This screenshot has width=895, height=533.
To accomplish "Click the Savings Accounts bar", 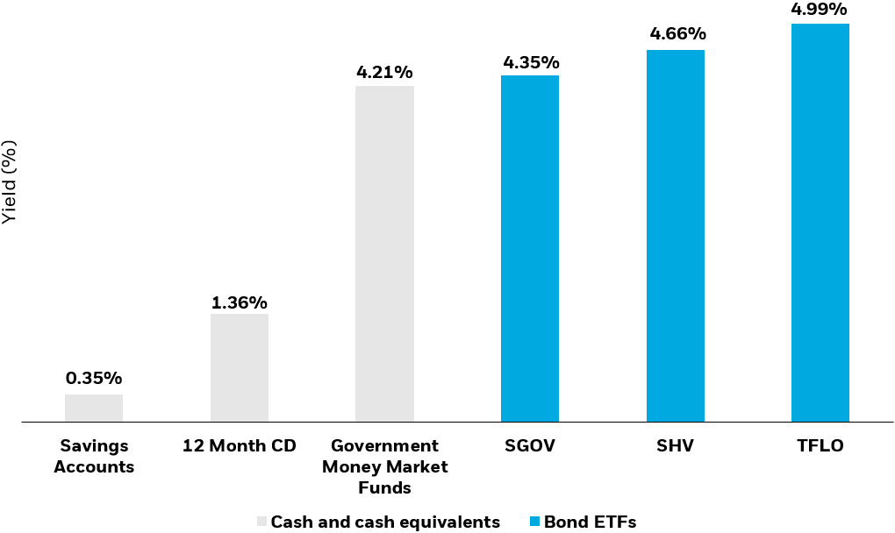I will point(94,408).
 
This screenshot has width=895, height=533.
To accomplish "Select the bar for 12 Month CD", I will point(240,368).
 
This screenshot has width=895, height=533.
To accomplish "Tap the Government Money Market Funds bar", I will point(384,254).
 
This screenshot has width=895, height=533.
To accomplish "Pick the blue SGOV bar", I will point(530,249).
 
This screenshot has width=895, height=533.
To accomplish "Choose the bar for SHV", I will point(676,236).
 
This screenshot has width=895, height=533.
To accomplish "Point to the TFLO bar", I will point(820,223).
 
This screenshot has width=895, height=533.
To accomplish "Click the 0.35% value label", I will point(94,379).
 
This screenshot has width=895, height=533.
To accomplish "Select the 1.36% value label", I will point(240,303).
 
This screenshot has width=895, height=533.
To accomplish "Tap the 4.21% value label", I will point(384,72).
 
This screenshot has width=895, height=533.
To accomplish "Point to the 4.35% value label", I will point(530,62).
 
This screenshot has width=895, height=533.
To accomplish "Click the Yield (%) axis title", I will point(9,181).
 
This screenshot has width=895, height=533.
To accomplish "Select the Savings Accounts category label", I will point(94,456).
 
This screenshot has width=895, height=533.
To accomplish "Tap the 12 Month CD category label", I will point(240,446).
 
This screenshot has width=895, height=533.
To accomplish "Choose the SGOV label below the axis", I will point(530,446).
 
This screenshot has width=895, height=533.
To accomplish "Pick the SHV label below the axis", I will point(676,446).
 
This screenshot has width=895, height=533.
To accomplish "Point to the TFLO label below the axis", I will point(820,446).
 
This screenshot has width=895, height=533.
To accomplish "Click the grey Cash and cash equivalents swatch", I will point(261,522).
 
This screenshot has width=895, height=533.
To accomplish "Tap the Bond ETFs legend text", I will point(590,522).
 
